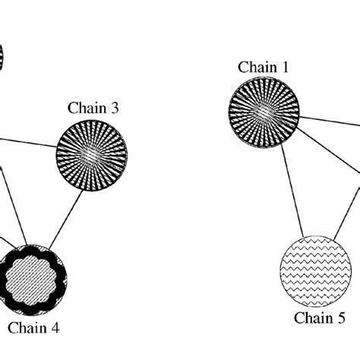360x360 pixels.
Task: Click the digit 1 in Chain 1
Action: click(285, 68)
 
